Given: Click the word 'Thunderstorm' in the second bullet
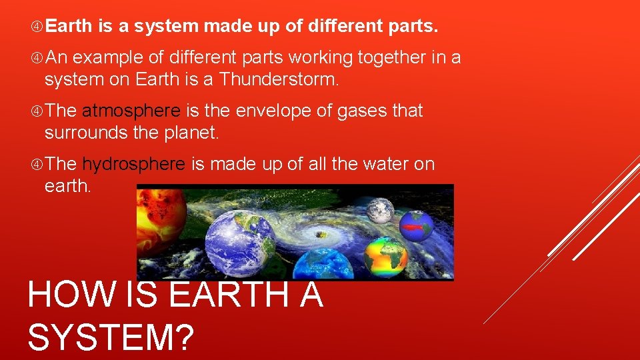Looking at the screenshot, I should tap(279, 80).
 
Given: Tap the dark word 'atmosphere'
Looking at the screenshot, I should tap(131, 111).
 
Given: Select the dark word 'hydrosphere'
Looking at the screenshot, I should tap(133, 164).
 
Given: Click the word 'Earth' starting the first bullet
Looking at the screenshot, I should tap(70, 27).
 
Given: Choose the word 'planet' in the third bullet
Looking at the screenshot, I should tap(189, 133).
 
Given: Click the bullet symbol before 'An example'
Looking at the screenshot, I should tap(37, 58).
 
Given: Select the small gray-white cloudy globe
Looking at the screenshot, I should tap(379, 209).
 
